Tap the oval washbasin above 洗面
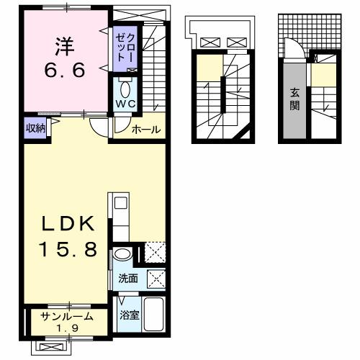coord(122,253)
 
